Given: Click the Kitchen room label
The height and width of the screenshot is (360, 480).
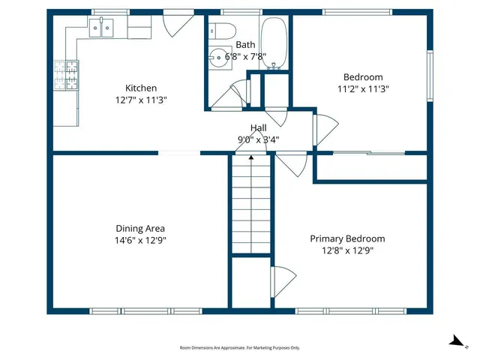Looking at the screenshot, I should (141, 88).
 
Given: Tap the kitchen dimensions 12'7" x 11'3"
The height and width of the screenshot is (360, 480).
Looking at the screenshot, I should (141, 99).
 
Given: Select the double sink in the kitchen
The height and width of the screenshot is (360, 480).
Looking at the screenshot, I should (102, 29).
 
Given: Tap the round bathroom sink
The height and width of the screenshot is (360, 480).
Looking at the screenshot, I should (217, 55).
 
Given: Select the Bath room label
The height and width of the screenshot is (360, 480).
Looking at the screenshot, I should (245, 45).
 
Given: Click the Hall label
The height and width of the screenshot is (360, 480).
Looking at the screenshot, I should (259, 127).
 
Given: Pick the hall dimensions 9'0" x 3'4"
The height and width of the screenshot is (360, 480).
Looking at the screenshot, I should (259, 139).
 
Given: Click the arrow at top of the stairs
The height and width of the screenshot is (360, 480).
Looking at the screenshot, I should (250, 157).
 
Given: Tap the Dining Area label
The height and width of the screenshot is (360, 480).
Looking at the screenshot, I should (140, 229).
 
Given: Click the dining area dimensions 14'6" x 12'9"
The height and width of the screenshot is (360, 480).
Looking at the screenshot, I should (140, 241).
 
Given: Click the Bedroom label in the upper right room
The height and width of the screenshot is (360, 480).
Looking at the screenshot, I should (363, 77).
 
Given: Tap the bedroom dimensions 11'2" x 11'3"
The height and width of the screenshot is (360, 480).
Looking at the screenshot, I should (363, 88).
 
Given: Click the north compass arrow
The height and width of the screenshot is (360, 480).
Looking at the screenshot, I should (455, 341).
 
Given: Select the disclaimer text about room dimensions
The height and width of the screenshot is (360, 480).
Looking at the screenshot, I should (240, 348).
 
